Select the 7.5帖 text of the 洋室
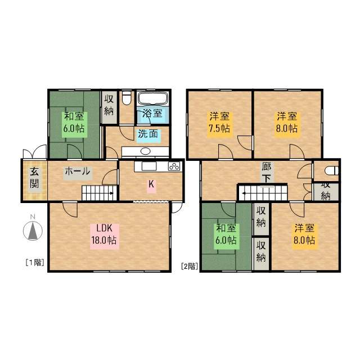[x=219, y=128]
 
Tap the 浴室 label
[x=152, y=113]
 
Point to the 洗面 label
[x=148, y=134]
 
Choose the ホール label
[x=77, y=172]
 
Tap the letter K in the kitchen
[x=151, y=183]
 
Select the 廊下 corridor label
[x=267, y=172]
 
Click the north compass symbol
[x=33, y=231]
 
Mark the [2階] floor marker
[x=189, y=267]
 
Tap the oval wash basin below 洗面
[x=145, y=151]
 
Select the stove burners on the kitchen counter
[x=174, y=166]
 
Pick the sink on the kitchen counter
[x=148, y=167]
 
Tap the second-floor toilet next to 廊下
[x=330, y=170]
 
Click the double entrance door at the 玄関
[x=33, y=152]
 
